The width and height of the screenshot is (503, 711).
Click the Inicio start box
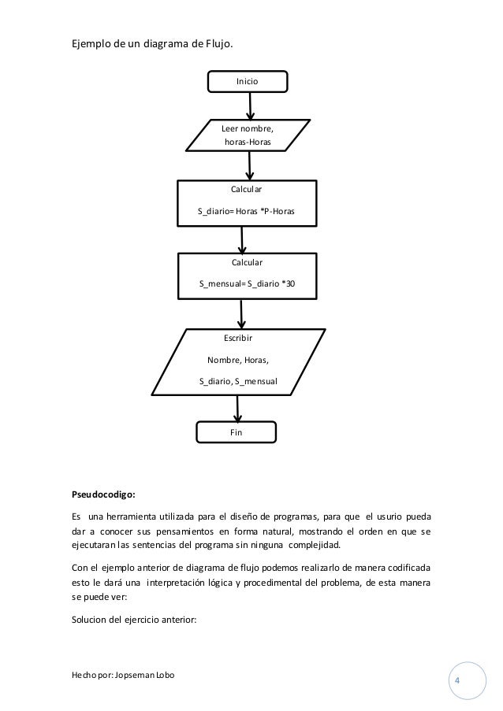[248, 81]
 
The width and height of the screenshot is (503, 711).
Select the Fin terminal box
[236, 432]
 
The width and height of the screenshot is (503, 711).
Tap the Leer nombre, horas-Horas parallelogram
[248, 135]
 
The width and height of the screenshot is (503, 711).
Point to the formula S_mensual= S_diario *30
[247, 283]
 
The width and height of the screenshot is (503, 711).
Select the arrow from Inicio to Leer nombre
[250, 105]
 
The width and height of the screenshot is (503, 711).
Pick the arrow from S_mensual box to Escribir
[240, 313]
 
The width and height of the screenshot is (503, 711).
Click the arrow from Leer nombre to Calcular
[250, 165]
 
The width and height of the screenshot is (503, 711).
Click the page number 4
[458, 680]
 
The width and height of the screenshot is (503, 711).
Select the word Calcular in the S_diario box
[247, 190]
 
